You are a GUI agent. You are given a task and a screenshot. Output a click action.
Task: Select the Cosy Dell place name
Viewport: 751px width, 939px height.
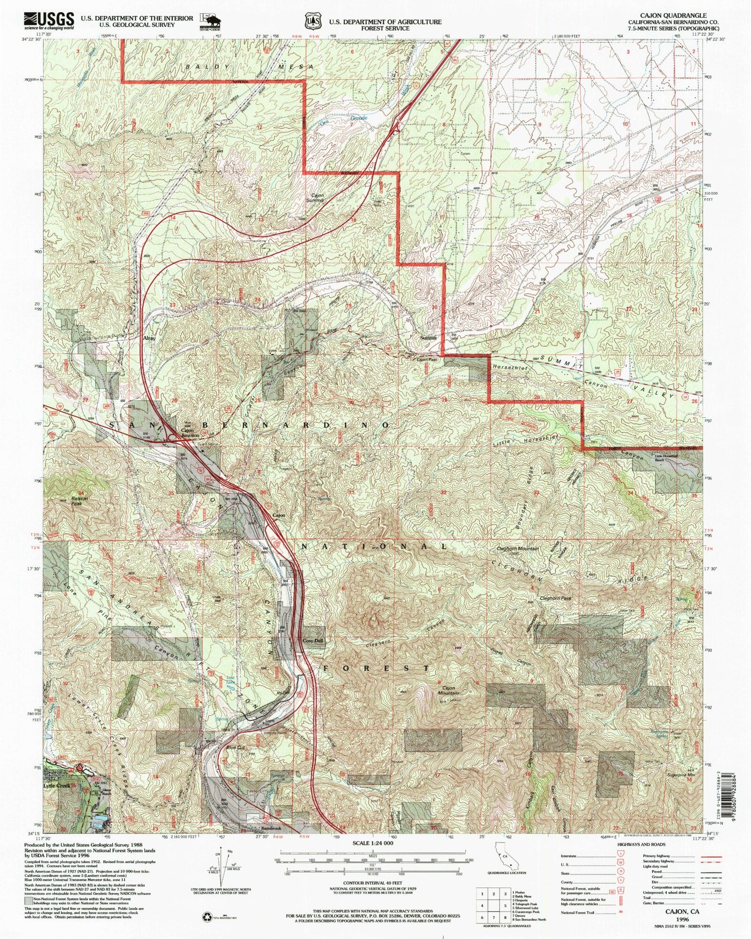pyautogui.click(x=313, y=641)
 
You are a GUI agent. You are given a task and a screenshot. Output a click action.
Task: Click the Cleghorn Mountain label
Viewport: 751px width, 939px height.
pyautogui.click(x=518, y=549)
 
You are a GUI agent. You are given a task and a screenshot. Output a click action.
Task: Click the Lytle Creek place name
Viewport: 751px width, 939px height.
pyautogui.click(x=57, y=786)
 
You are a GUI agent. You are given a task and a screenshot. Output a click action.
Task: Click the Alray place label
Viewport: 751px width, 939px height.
pyautogui.click(x=149, y=339)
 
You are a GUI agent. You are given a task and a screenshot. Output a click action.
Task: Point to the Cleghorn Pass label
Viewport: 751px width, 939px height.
pyautogui.click(x=555, y=598)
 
